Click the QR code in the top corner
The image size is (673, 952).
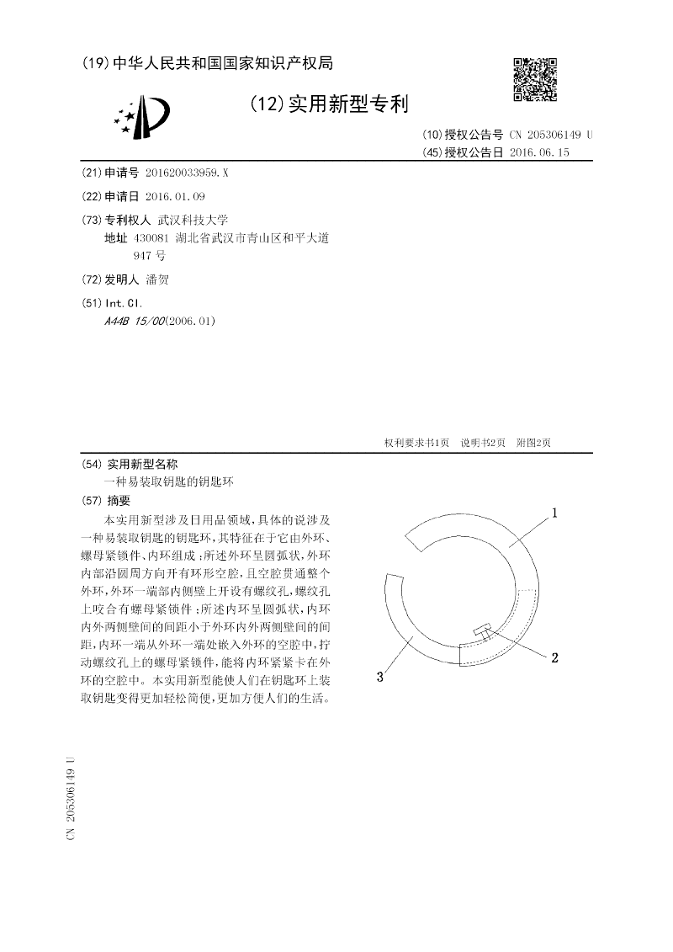point(535,79)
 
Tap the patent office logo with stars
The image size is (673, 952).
point(142,116)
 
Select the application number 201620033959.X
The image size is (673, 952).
point(186,172)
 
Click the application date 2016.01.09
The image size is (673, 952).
point(175,196)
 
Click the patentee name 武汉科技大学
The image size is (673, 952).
point(181,220)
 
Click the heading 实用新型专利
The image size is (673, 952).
point(347,104)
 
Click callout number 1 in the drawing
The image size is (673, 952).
point(556,512)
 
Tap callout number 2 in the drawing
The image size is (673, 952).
point(554,658)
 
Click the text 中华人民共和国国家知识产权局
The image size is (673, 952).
point(222,63)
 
